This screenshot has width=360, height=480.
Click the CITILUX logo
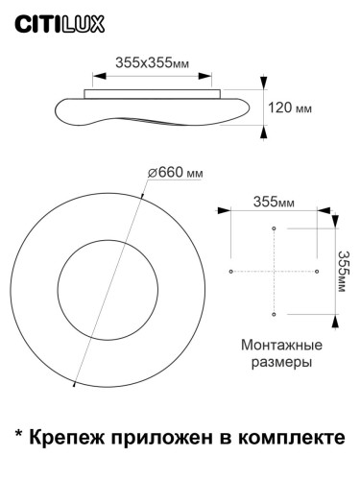click(x=46, y=19)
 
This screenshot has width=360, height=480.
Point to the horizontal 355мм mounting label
click(x=274, y=203)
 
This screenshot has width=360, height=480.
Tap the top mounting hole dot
click(x=275, y=228)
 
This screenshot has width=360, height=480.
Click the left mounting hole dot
click(x=231, y=272)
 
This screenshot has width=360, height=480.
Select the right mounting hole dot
click(x=318, y=272)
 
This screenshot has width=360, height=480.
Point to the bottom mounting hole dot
click(x=275, y=314)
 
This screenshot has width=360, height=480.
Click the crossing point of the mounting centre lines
click(x=275, y=272)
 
